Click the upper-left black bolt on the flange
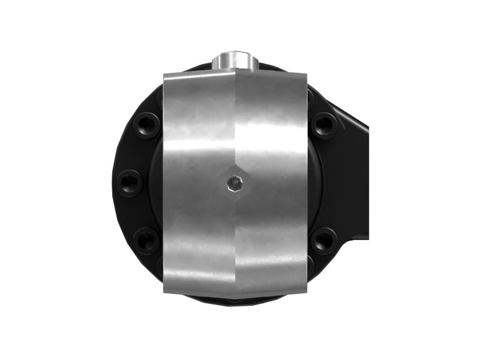click(146, 125)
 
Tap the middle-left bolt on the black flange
click(129, 182)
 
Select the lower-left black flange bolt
click(146, 239)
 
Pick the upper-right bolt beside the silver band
click(325, 125)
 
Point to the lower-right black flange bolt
click(325, 240)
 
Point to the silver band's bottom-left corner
click(164, 292)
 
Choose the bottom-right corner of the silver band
click(307, 293)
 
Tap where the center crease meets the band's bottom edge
click(235, 298)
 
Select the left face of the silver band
click(198, 180)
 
